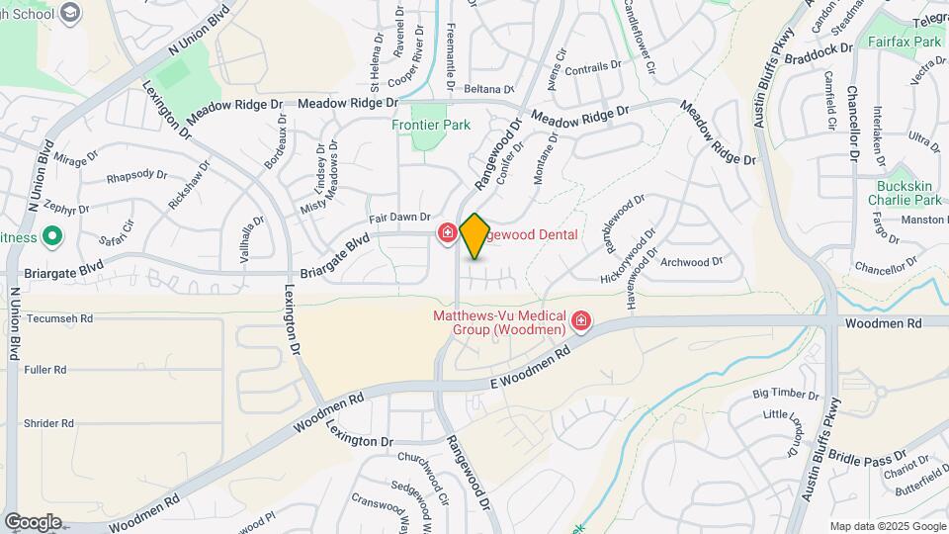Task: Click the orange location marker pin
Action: pos(474,235)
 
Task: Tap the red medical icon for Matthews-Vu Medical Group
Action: pos(581,320)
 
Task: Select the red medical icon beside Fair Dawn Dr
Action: pos(447,233)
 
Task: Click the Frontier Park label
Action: pos(431,125)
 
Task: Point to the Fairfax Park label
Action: pos(905,43)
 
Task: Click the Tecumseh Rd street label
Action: pos(58,319)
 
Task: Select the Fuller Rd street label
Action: pos(46,370)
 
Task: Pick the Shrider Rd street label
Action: pos(48,423)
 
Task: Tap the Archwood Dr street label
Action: pos(691,262)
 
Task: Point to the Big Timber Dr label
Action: pos(787,394)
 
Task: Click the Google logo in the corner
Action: pos(33,522)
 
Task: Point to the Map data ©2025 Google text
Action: pos(887,526)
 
